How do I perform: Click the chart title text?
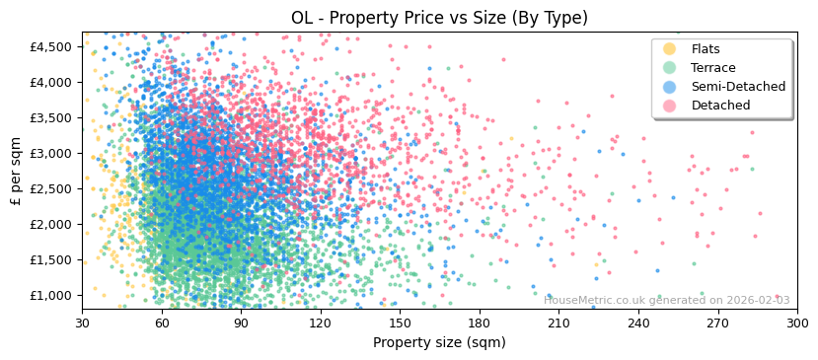point(439,18)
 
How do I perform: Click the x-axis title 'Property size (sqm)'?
point(439,342)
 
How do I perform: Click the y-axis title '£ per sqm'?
point(16,171)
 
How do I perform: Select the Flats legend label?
point(705,49)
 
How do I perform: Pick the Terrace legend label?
point(712,68)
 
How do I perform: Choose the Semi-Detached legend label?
point(738,87)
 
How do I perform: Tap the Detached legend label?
point(720,106)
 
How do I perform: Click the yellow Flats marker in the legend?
point(670,49)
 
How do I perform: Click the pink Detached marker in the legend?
point(670,106)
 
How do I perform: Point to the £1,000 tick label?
point(51,295)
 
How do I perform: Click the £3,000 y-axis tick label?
point(51,153)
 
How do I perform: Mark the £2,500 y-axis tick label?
point(51,188)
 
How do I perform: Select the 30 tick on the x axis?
point(82,323)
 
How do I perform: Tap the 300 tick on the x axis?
point(797,323)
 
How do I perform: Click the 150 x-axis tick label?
point(400,323)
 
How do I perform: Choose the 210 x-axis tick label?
point(558,323)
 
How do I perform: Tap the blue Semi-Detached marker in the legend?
point(670,87)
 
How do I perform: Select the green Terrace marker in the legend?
point(670,68)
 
